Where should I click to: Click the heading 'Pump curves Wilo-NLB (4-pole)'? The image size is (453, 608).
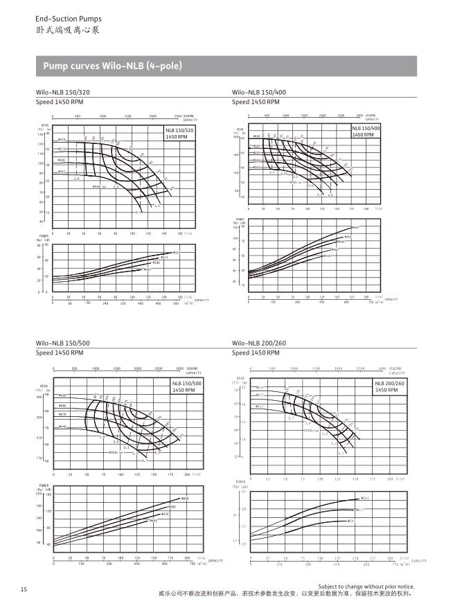tap(112, 66)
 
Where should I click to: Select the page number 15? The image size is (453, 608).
tap(24, 589)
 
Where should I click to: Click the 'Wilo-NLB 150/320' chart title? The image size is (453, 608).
tap(63, 92)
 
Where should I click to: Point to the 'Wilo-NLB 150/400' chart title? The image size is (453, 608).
tap(259, 92)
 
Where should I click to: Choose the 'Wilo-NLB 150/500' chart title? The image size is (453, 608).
tap(63, 343)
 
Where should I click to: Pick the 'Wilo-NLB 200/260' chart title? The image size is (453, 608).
tap(259, 343)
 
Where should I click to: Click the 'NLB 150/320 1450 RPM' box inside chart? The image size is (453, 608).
tap(179, 134)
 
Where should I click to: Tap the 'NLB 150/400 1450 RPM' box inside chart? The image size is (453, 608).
tap(366, 132)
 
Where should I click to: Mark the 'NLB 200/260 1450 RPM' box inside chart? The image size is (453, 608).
tap(390, 386)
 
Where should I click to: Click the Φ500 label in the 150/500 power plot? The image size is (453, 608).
tap(185, 499)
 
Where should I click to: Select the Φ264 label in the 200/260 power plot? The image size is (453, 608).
tap(365, 498)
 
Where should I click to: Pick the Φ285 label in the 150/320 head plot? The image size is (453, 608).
tap(62, 171)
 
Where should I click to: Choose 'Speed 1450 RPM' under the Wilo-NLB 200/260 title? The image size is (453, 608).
tap(253, 353)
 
